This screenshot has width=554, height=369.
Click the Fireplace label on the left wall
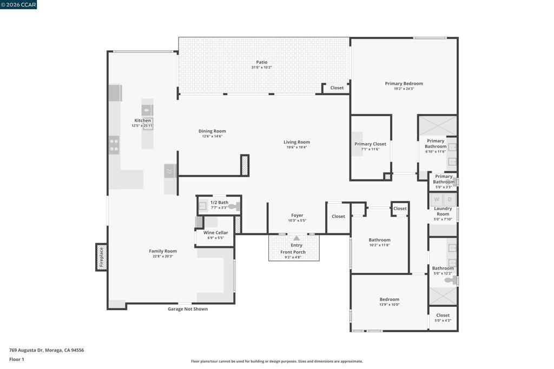coord(101,257)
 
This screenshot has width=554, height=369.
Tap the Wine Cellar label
coord(215,233)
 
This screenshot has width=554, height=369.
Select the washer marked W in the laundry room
coord(437,199)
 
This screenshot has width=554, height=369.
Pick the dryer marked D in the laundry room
coord(450,199)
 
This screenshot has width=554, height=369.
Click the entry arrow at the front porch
coord(296,238)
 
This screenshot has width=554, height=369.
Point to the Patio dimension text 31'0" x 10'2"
coord(261,68)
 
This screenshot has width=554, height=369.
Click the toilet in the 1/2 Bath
coord(233,206)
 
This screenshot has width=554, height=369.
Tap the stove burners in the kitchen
coord(114,145)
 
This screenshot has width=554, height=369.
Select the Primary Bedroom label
coord(404,84)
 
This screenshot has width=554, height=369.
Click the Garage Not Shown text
coord(187,309)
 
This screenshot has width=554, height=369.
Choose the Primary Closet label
coord(370,144)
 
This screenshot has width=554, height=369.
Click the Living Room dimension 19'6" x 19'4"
coord(296,147)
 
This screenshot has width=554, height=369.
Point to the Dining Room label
coord(212,131)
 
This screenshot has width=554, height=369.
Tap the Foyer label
coord(297,215)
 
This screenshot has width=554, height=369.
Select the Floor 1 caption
coord(17,359)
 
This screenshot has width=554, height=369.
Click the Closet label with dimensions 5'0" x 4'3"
coord(443,316)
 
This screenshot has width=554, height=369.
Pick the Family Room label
coord(163,251)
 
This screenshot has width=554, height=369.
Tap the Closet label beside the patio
coord(337,88)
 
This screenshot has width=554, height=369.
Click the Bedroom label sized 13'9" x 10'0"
coord(389,299)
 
